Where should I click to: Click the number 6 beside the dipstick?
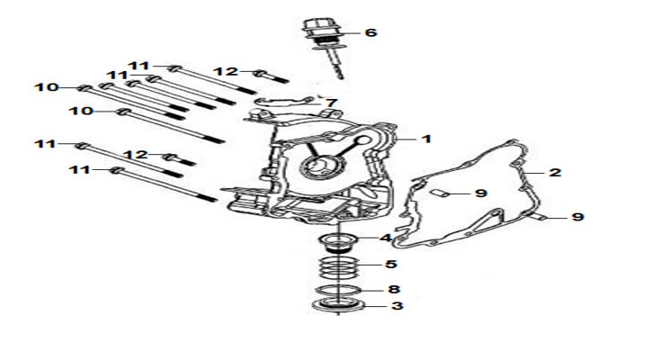(371, 32)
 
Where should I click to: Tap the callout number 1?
(426, 139)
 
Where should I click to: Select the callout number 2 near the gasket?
(555, 173)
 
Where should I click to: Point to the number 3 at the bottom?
(397, 306)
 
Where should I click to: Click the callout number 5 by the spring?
(391, 264)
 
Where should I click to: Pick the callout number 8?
(394, 289)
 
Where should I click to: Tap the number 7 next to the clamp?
(332, 103)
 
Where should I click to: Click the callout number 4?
(386, 238)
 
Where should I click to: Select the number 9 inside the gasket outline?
(481, 193)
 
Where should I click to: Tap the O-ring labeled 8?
(338, 290)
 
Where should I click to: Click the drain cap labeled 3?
(338, 306)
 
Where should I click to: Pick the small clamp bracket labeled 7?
(284, 101)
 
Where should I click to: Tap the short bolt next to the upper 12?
(272, 76)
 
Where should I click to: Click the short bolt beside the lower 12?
(179, 159)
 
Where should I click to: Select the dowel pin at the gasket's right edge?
(537, 216)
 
